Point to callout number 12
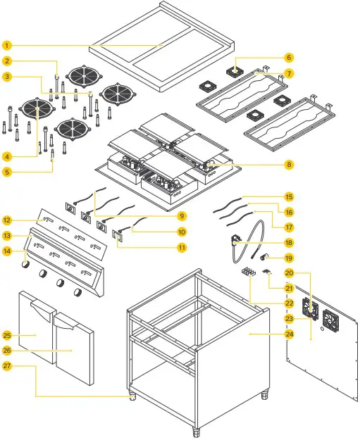pos(6,220)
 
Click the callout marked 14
pos(6,251)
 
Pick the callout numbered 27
pos(6,366)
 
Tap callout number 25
pos(6,334)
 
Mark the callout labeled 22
pos(289,303)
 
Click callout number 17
pos(289,227)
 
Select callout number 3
pos(6,76)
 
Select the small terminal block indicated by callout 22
pos(247,270)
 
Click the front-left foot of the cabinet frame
pos(132,396)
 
